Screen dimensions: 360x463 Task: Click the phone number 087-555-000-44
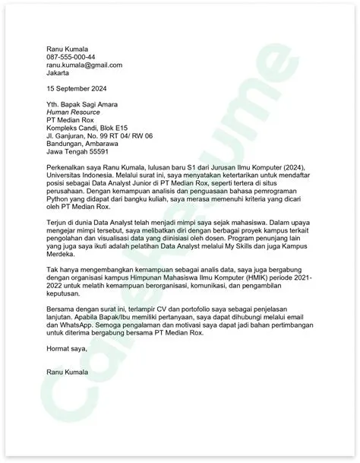71,56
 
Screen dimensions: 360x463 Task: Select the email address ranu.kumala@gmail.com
84,65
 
